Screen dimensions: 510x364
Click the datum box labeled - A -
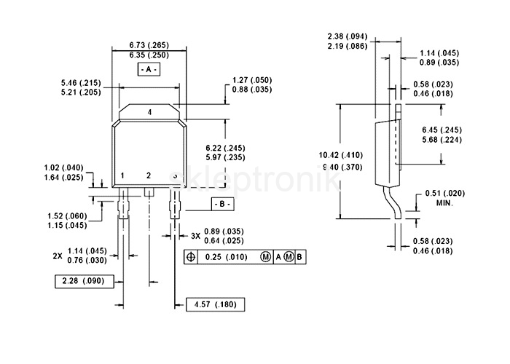pyautogui.click(x=149, y=69)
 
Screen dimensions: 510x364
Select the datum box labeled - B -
pyautogui.click(x=222, y=204)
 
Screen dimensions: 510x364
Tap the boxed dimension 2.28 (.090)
pyautogui.click(x=85, y=281)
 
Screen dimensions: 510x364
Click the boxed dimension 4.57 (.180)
pyautogui.click(x=216, y=304)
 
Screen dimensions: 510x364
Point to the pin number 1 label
pyautogui.click(x=122, y=176)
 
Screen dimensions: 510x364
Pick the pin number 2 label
pyautogui.click(x=149, y=176)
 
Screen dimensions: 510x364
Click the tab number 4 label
pyautogui.click(x=149, y=112)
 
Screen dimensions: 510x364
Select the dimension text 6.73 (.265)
pyautogui.click(x=149, y=45)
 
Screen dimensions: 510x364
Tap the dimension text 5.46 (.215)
pyautogui.click(x=81, y=83)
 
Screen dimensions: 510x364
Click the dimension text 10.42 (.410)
pyautogui.click(x=341, y=155)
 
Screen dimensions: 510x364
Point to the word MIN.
pyautogui.click(x=444, y=203)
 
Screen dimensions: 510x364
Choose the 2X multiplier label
pyautogui.click(x=58, y=256)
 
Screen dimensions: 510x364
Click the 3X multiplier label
pyautogui.click(x=195, y=236)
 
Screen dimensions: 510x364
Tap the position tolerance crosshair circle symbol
pyautogui.click(x=191, y=257)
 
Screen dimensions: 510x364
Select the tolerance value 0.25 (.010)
pyautogui.click(x=227, y=257)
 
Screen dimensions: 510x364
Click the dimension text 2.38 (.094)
pyautogui.click(x=348, y=36)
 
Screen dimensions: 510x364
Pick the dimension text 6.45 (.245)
pyautogui.click(x=442, y=130)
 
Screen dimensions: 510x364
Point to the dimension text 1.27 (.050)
pyautogui.click(x=252, y=80)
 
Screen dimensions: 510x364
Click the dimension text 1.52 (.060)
pyautogui.click(x=67, y=216)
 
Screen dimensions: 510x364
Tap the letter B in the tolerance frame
pyautogui.click(x=299, y=257)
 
